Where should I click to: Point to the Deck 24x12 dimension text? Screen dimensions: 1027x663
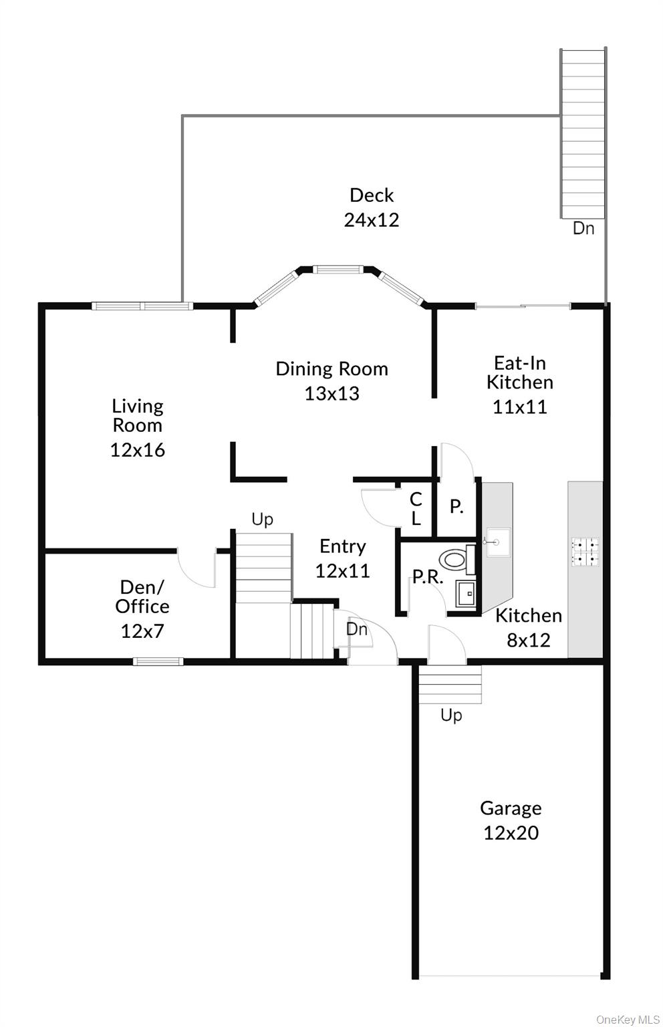click(x=372, y=220)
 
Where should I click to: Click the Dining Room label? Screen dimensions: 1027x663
click(x=331, y=368)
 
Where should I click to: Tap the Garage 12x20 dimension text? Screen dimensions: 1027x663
click(x=511, y=832)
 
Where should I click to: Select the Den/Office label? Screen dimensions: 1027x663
click(x=142, y=596)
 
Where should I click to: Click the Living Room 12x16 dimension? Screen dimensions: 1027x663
click(x=137, y=450)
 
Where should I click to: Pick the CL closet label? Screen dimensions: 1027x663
click(x=416, y=509)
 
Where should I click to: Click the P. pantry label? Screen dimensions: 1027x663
click(x=456, y=507)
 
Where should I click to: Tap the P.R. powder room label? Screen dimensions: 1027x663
click(x=428, y=577)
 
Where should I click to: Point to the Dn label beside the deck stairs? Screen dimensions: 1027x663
click(x=583, y=228)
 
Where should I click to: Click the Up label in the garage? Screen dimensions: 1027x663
click(x=451, y=715)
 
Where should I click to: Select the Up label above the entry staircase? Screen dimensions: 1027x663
click(x=262, y=519)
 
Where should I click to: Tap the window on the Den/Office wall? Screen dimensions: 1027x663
click(x=158, y=661)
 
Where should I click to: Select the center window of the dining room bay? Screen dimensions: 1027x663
click(x=338, y=270)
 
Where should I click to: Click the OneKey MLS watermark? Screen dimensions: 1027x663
click(x=628, y=1019)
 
